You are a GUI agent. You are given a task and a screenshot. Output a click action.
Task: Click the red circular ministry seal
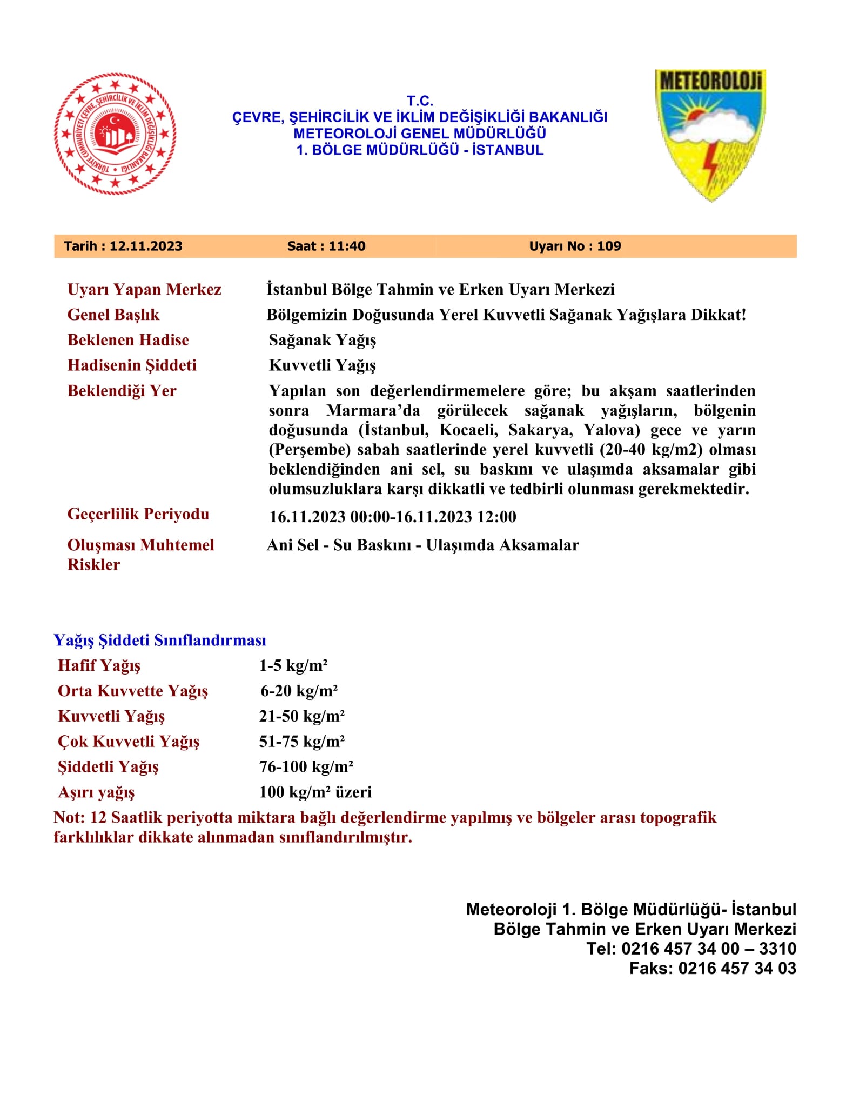click(115, 134)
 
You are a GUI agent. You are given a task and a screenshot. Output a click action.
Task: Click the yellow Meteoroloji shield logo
click(710, 135)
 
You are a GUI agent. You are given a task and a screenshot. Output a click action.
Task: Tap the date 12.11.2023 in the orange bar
click(146, 246)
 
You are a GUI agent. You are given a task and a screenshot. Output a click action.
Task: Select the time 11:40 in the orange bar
click(347, 246)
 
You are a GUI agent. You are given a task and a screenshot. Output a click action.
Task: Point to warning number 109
click(609, 246)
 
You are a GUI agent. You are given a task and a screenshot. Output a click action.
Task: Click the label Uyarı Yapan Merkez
click(144, 290)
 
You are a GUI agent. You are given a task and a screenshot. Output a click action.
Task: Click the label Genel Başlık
click(113, 315)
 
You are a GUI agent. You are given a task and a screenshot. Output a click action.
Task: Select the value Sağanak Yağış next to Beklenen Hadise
click(323, 341)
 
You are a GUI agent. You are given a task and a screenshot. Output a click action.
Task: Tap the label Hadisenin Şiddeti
click(132, 365)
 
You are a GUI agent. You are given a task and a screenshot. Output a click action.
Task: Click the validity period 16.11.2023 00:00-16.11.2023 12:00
click(393, 517)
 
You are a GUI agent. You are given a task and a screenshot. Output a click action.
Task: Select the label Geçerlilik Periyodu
click(138, 514)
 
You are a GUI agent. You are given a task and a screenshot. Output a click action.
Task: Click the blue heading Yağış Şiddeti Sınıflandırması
click(160, 641)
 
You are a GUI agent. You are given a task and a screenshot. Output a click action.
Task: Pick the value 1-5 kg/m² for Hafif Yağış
click(293, 666)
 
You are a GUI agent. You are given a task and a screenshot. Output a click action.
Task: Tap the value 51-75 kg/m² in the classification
click(302, 742)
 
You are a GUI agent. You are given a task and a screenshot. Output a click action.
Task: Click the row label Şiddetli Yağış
click(108, 767)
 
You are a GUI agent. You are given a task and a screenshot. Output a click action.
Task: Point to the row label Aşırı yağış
click(96, 792)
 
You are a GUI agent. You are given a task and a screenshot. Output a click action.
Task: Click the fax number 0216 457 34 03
click(737, 968)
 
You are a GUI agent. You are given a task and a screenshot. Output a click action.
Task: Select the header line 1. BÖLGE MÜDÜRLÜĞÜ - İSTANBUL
click(420, 150)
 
